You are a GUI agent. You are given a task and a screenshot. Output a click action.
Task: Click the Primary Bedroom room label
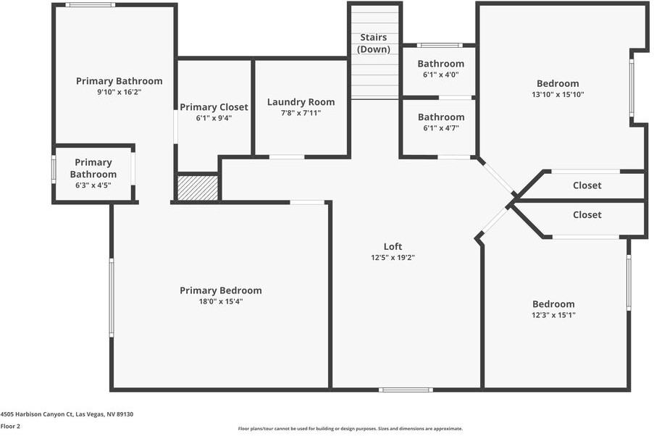tap(220, 290)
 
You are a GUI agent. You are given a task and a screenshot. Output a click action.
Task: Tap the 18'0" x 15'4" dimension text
tap(220, 301)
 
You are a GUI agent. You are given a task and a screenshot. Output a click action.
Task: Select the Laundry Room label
tap(301, 102)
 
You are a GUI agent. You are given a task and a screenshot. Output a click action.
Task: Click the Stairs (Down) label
tap(374, 43)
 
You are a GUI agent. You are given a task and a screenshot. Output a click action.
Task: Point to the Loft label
tap(393, 246)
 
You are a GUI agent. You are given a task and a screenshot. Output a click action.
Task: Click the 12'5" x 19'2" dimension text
tap(393, 257)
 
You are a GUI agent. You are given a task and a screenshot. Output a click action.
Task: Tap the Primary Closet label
tap(214, 107)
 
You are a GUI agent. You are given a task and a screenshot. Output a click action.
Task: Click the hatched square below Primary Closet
tap(198, 188)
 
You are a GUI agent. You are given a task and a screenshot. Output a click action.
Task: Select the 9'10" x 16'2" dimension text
tap(119, 92)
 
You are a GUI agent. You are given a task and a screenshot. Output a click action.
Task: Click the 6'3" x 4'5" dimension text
tap(93, 185)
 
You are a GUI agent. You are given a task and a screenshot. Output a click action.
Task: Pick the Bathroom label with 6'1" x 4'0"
tap(440, 64)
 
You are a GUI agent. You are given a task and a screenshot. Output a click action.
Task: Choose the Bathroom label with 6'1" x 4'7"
tap(440, 117)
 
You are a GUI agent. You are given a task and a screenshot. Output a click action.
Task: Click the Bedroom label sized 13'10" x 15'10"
tap(557, 83)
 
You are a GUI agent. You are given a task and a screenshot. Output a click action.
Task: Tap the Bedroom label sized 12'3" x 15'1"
tap(553, 304)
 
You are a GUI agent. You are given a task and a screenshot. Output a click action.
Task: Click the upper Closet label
tap(587, 185)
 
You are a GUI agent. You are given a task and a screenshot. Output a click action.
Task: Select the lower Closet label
tap(587, 215)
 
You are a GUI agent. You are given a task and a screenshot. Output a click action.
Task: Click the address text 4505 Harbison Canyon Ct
tap(67, 414)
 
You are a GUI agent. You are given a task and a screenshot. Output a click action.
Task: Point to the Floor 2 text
tap(10, 427)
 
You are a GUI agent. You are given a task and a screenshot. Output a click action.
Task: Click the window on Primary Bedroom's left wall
tap(111, 298)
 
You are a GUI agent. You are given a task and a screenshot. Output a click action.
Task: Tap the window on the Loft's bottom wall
tap(406, 390)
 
